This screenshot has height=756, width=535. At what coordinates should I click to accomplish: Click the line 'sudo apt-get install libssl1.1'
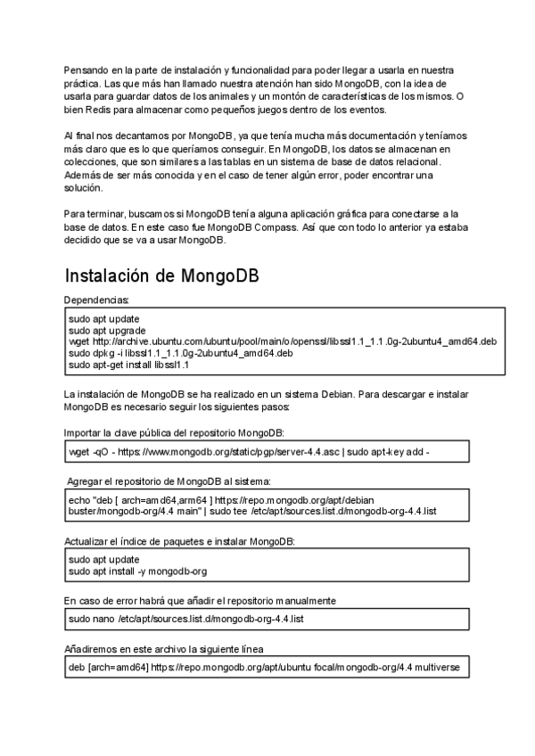128,364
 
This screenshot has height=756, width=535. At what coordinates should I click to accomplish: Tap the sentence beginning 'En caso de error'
200,600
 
